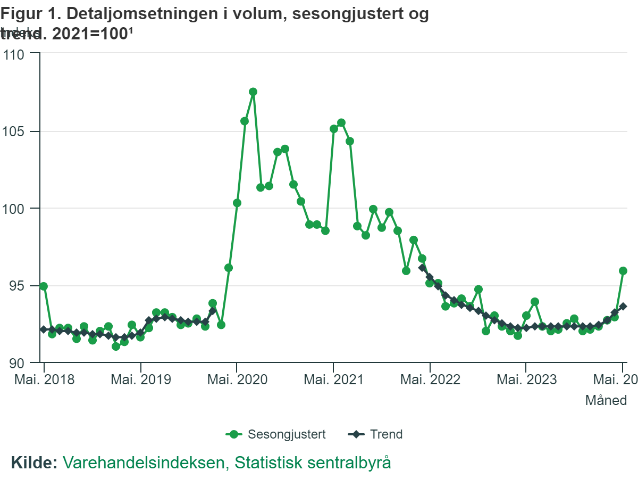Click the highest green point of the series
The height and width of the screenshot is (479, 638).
pos(253,92)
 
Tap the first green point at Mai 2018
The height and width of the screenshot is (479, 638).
pos(44,286)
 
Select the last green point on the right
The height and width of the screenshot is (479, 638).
pos(623,271)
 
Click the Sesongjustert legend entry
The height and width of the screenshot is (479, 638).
pos(276,434)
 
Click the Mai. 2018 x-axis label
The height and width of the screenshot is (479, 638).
pos(45,380)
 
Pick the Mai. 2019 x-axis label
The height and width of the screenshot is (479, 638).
pos(140,380)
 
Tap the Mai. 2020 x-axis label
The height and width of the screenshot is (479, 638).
pos(237,380)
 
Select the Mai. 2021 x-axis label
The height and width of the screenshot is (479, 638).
pos(333,380)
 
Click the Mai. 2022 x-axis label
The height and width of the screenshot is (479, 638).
pos(430,380)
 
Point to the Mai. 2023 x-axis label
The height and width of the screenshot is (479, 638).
pos(526,380)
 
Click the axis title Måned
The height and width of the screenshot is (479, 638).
pos(606,400)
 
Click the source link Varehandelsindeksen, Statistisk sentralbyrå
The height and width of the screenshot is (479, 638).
pos(227,462)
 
